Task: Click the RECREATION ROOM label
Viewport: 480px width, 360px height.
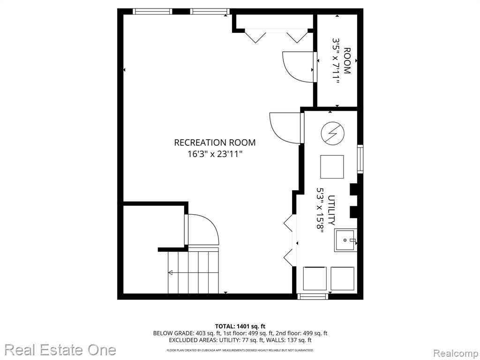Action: click(x=215, y=142)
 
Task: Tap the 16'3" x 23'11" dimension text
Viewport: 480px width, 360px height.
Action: click(x=215, y=154)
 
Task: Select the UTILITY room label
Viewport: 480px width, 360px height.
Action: click(x=331, y=210)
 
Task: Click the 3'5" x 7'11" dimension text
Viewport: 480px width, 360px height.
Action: click(x=336, y=61)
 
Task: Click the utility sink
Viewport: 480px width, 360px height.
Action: click(x=345, y=240)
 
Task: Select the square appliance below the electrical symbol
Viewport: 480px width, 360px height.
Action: click(x=332, y=167)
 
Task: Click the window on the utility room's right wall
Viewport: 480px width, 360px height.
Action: click(x=360, y=159)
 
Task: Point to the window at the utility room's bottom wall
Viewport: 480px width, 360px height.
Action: click(x=313, y=296)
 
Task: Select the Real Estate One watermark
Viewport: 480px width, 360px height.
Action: click(x=60, y=350)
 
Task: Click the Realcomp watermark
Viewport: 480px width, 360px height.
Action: click(x=456, y=353)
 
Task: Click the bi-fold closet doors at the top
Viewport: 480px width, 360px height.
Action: click(x=276, y=36)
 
